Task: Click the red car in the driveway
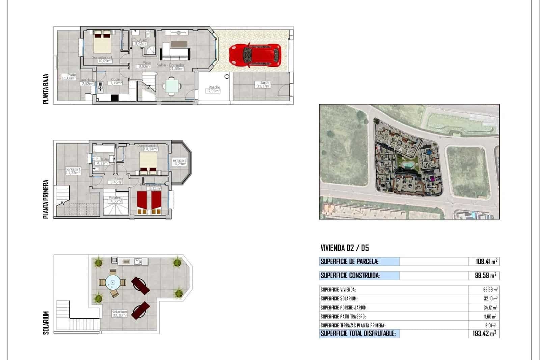point(255,55)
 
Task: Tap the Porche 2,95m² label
point(214,89)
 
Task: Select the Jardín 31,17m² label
point(263,85)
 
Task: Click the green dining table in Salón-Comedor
point(171,85)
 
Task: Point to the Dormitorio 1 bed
point(102,44)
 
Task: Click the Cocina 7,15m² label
point(116,81)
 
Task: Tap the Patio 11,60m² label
point(69,77)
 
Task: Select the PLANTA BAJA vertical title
point(46,89)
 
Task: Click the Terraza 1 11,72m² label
point(73,171)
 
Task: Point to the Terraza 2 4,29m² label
point(179,162)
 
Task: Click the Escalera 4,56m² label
point(115,200)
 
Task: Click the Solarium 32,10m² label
point(119,314)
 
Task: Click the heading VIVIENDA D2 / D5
point(345,248)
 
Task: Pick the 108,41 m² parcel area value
point(486,261)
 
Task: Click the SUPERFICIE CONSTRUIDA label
point(350,275)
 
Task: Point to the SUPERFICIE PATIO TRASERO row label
point(343,317)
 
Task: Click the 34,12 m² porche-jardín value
point(490,308)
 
